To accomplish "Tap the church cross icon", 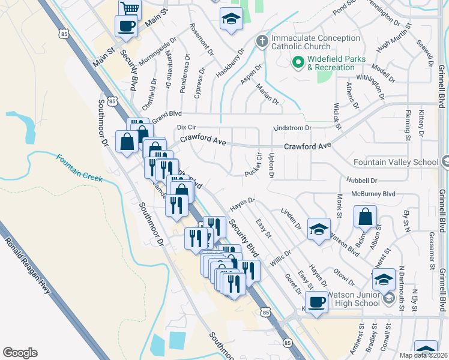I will point(261,41).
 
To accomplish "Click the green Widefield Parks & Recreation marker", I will point(298,62).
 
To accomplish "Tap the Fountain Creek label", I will point(79,167).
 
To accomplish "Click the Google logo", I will point(20,352).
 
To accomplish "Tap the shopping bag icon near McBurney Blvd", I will point(365,217).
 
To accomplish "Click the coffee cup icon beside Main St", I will point(126,26).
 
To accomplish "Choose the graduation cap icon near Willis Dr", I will point(319,229).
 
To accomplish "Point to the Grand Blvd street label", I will point(166,116).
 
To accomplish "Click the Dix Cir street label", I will point(187,127).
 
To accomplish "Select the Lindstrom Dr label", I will point(293,128).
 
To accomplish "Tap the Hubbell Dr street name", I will point(361,180).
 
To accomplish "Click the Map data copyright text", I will point(423,355).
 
